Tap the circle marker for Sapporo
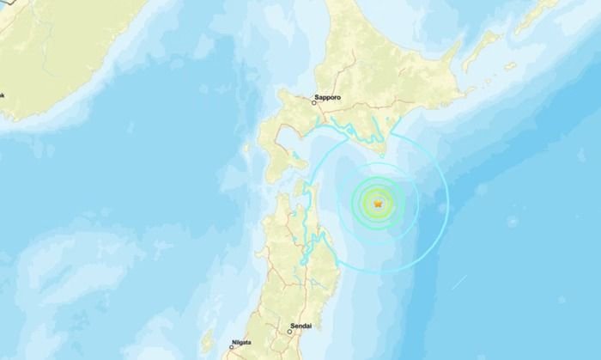click(x=314, y=104)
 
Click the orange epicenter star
click(x=377, y=203)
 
